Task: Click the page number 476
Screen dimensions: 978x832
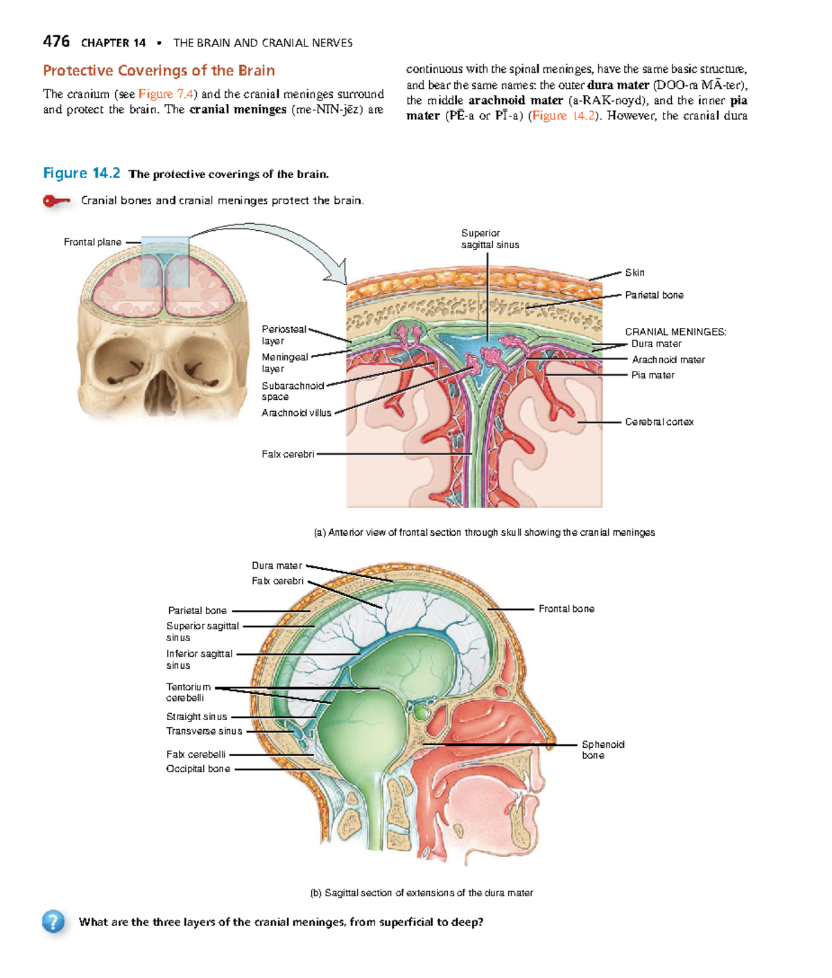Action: [56, 42]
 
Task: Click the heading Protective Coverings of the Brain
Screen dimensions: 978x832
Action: [159, 71]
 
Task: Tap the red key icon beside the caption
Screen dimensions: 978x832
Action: [56, 201]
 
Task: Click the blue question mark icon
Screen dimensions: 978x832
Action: [53, 921]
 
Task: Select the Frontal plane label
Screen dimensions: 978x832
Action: [92, 242]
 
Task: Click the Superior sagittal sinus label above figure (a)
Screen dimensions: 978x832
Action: [489, 239]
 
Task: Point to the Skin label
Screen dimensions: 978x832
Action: [634, 272]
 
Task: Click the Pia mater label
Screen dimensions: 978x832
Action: [652, 375]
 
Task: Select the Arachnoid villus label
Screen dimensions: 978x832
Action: [296, 413]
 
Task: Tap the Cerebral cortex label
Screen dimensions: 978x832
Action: [659, 421]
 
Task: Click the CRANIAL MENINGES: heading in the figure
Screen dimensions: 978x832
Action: [675, 332]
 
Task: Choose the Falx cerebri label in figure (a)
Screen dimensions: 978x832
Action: [288, 454]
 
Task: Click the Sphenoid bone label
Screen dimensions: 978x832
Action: [603, 750]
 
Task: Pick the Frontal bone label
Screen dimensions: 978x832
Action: [566, 609]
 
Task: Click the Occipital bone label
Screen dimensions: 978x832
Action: [198, 769]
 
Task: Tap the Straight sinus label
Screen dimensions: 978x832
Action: [196, 717]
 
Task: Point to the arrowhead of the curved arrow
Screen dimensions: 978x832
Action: [339, 274]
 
